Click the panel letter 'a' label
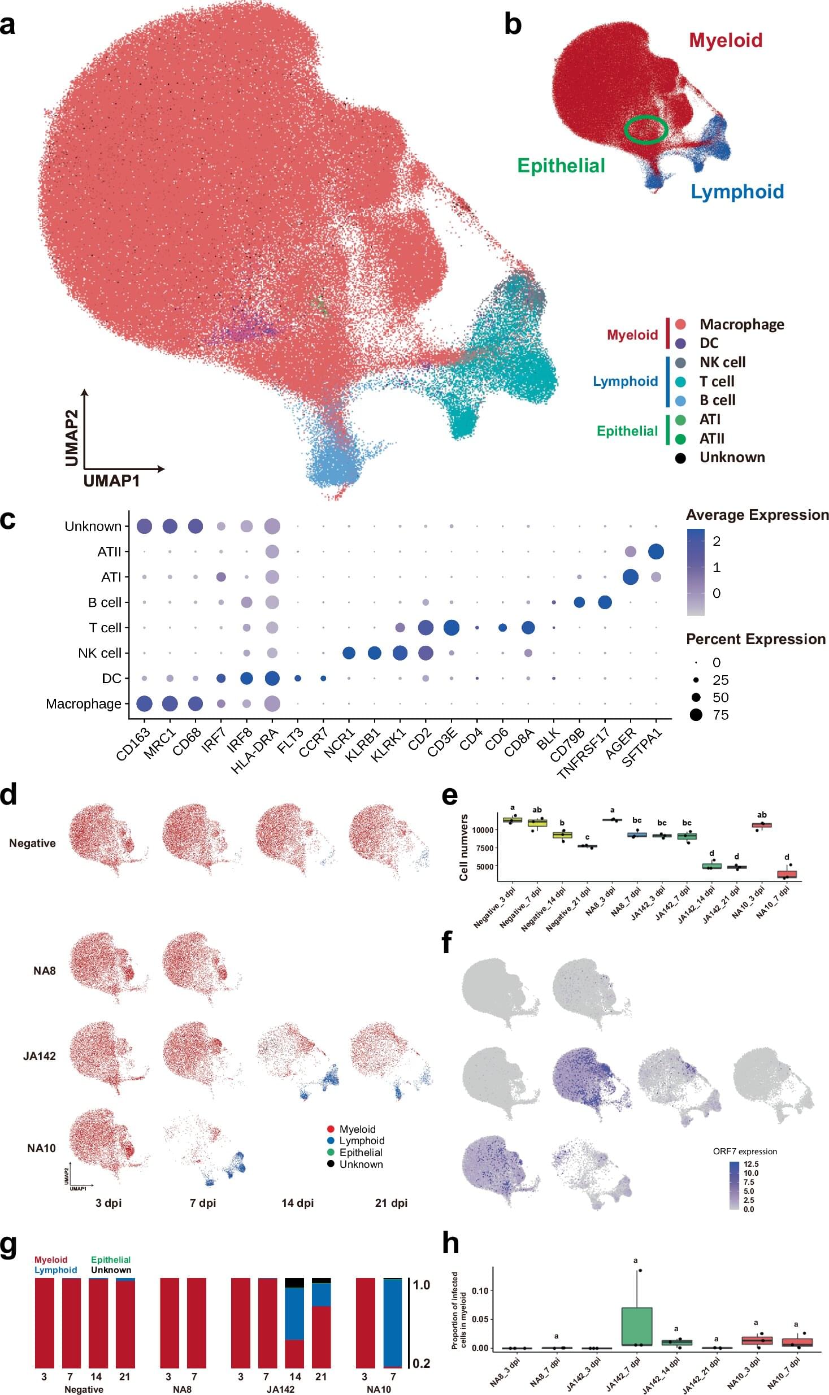pyautogui.click(x=8, y=25)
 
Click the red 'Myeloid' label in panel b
pyautogui.click(x=726, y=40)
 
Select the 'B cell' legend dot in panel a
pyautogui.click(x=680, y=401)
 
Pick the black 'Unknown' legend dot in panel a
pyautogui.click(x=680, y=458)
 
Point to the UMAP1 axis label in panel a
pyautogui.click(x=111, y=481)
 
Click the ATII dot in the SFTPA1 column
pyautogui.click(x=656, y=551)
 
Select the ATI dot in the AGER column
pyautogui.click(x=630, y=577)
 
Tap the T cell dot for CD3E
pyautogui.click(x=451, y=627)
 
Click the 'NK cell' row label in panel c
pyautogui.click(x=99, y=653)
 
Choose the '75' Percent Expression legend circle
pyautogui.click(x=696, y=715)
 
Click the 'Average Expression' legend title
pyautogui.click(x=757, y=515)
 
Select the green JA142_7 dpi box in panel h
pyautogui.click(x=637, y=1326)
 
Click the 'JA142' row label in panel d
pyautogui.click(x=40, y=1056)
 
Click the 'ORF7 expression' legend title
pyautogui.click(x=745, y=1151)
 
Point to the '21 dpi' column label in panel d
pyautogui.click(x=391, y=1203)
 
